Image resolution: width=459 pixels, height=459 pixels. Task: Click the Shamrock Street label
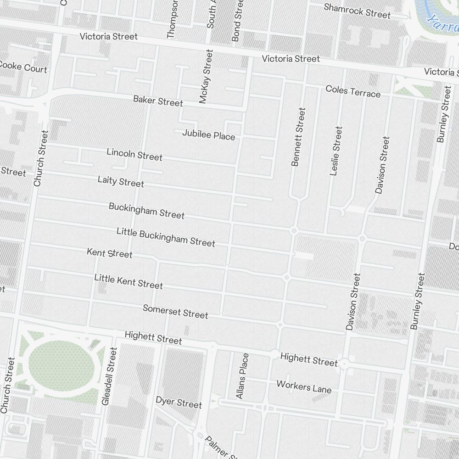(357, 11)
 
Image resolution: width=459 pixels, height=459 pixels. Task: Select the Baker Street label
(158, 101)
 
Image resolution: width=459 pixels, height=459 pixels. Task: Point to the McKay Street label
(206, 76)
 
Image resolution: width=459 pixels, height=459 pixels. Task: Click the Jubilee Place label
(208, 134)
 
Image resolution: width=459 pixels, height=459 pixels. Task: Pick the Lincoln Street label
(134, 154)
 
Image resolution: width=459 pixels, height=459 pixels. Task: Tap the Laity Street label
(121, 181)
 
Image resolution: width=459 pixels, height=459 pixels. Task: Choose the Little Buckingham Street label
(166, 236)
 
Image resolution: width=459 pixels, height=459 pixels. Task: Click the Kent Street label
(110, 253)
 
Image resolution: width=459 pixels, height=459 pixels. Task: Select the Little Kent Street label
(129, 281)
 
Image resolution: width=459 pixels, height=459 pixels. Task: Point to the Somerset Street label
(175, 311)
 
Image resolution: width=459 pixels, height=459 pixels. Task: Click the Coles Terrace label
(353, 91)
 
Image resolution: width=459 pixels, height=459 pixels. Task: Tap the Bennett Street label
(298, 137)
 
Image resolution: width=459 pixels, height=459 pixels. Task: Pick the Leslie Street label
(336, 151)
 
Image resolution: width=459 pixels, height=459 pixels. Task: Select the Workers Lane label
(303, 386)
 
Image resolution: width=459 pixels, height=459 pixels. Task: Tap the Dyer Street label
(179, 402)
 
